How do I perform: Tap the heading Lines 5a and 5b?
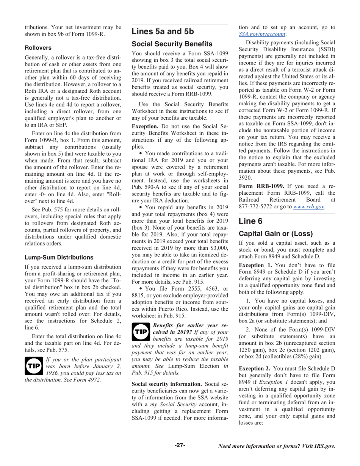click(163, 31)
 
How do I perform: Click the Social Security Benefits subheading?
click(172, 44)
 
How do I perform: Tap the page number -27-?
click(180, 445)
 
